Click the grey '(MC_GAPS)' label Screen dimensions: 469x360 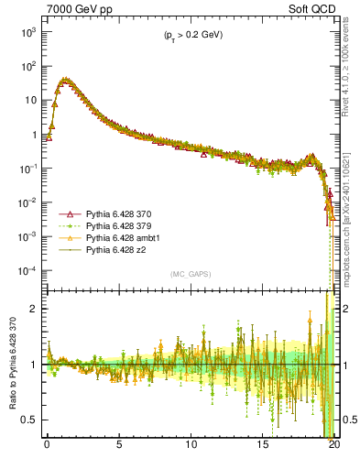point(190,274)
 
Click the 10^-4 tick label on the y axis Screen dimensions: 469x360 point(27,271)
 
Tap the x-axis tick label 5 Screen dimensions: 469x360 point(119,446)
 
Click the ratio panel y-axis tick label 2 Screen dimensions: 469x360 point(34,309)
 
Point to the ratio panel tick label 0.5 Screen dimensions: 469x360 point(29,420)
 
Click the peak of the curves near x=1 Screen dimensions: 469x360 point(64,80)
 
